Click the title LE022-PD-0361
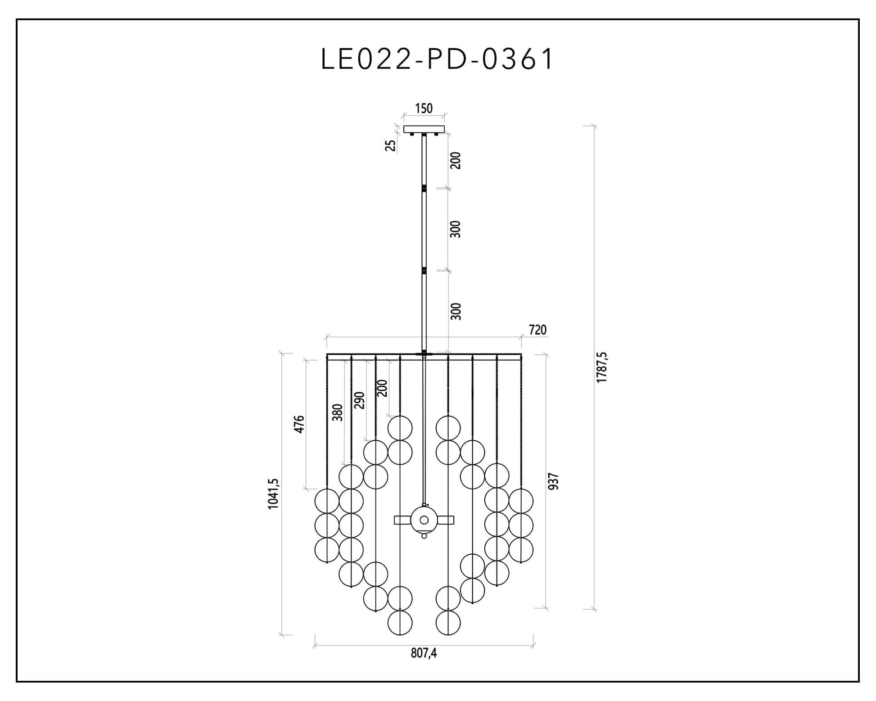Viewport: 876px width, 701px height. pos(437,59)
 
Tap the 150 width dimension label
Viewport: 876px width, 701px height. pos(424,109)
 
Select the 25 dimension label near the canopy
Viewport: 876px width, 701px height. pos(390,145)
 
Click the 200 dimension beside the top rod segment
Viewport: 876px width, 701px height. pos(456,161)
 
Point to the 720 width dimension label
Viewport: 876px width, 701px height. pos(537,330)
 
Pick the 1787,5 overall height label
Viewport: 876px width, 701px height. pos(601,367)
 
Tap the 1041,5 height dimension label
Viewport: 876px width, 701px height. pos(273,494)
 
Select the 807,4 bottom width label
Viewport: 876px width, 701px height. pos(424,653)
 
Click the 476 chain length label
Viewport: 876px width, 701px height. pos(299,425)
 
